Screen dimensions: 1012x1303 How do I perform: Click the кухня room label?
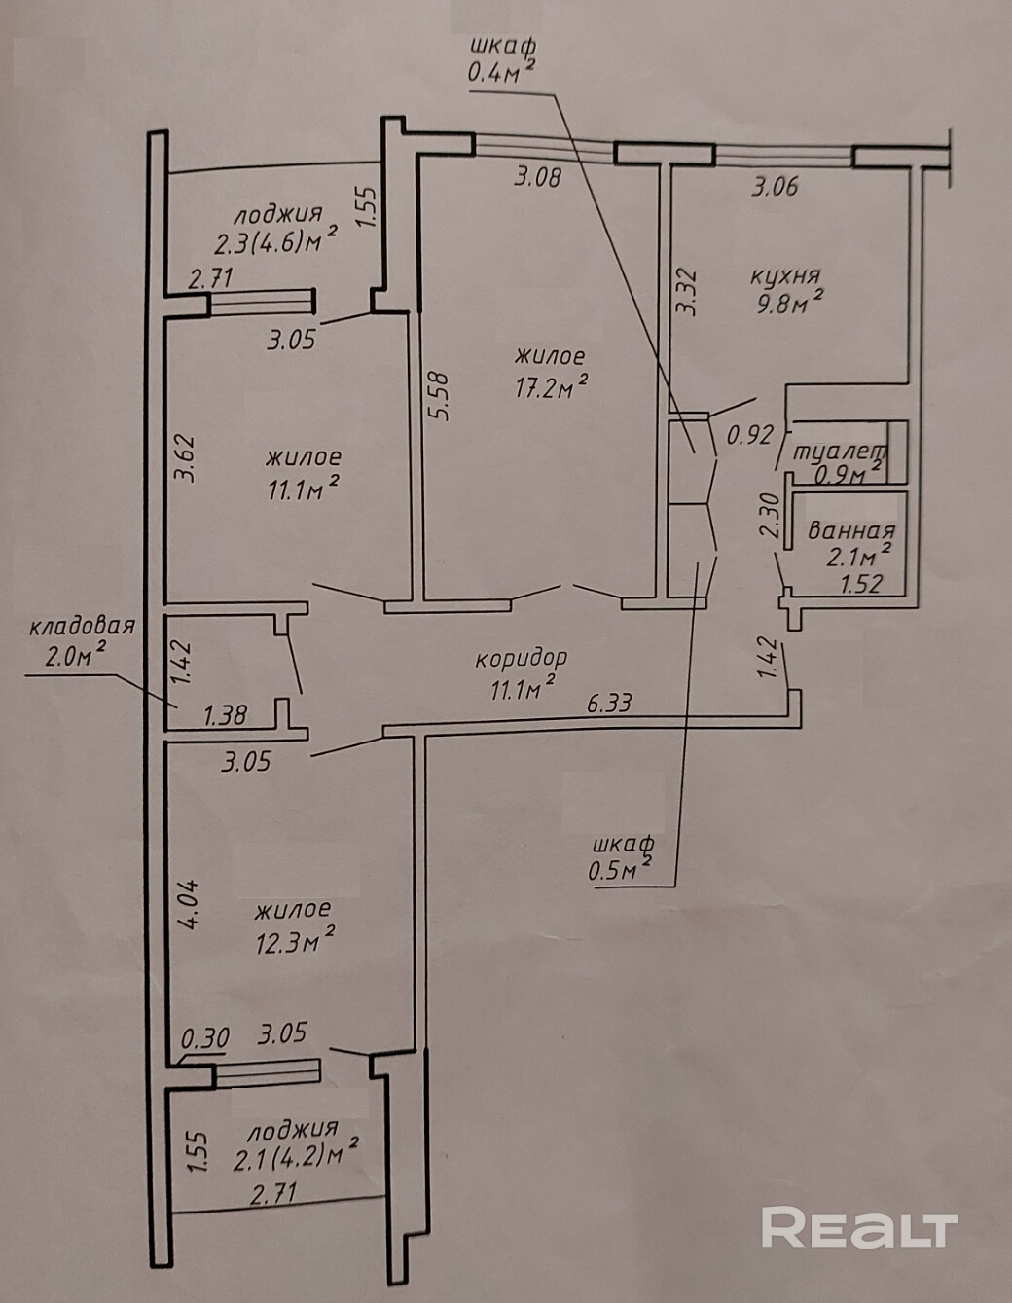tap(784, 277)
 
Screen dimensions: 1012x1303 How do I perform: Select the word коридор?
tap(521, 660)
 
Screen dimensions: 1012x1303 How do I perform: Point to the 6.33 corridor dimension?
tap(609, 703)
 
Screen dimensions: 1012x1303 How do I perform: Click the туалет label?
tap(840, 452)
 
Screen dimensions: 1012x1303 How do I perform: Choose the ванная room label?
tap(851, 531)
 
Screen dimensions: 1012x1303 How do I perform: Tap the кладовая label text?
tap(82, 627)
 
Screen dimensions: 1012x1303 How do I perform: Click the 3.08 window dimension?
tap(538, 177)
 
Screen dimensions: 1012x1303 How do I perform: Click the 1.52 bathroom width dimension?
tap(861, 584)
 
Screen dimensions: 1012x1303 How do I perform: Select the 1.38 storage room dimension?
tap(225, 715)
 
